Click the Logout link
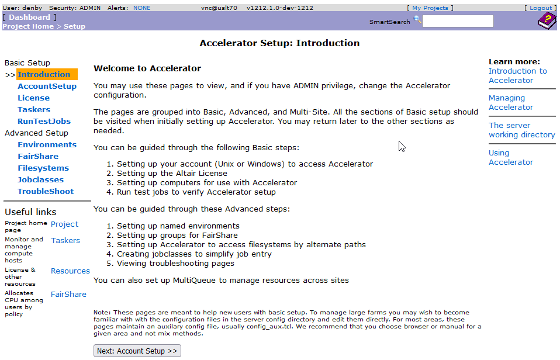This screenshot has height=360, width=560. [x=541, y=8]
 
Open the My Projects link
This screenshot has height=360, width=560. [x=430, y=8]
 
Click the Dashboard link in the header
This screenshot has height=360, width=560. [x=29, y=18]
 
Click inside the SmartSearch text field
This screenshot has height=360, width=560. [x=458, y=22]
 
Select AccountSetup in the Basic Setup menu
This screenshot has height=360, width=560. [x=47, y=86]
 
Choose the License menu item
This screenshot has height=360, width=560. [x=33, y=98]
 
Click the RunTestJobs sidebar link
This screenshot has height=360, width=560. [x=44, y=122]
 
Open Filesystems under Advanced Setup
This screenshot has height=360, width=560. [x=43, y=168]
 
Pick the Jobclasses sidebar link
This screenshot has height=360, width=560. [x=40, y=180]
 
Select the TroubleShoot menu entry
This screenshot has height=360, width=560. [x=46, y=192]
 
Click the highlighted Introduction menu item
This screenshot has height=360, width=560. [x=44, y=75]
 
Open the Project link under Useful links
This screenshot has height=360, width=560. [x=64, y=224]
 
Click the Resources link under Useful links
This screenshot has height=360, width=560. [x=70, y=271]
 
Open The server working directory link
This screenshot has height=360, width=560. [x=521, y=130]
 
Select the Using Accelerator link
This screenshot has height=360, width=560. [x=511, y=158]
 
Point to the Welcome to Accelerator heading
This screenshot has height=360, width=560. [x=147, y=68]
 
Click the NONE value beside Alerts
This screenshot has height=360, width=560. [x=141, y=8]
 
